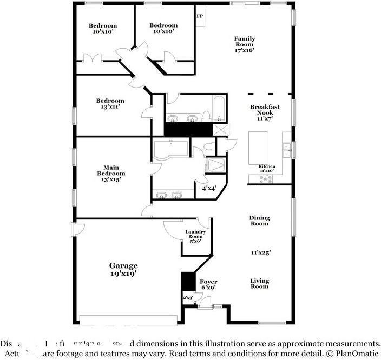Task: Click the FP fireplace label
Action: point(200,16)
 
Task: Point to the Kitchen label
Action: point(266,168)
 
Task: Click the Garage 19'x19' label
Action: point(123,269)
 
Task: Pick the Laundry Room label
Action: point(195,236)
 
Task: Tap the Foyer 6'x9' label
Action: point(208,285)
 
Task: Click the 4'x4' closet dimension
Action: point(209,189)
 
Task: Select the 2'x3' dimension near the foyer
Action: point(187,298)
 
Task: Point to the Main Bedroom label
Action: point(111,173)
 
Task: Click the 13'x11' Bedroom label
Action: point(110,103)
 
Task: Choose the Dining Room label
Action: point(259,221)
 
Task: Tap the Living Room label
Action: point(259,283)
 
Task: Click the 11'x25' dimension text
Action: point(260,252)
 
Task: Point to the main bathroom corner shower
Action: point(216,165)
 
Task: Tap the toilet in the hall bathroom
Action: point(206,116)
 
